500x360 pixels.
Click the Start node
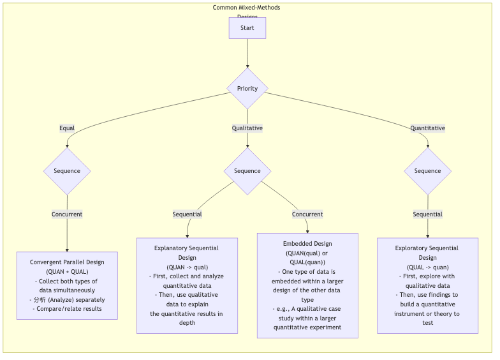click(x=247, y=28)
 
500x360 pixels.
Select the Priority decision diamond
click(x=247, y=88)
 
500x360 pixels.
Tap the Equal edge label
click(x=67, y=128)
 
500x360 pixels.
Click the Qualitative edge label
click(x=247, y=128)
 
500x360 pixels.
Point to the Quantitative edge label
click(x=427, y=128)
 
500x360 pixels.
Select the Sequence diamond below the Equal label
click(x=67, y=171)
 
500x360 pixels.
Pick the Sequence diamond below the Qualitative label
click(x=247, y=171)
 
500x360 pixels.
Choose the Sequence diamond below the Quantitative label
click(x=427, y=171)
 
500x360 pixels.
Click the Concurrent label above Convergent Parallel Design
click(x=67, y=214)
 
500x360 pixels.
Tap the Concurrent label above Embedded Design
click(x=307, y=214)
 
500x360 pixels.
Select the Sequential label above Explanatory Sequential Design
click(x=187, y=214)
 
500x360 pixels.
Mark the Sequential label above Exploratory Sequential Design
click(x=427, y=214)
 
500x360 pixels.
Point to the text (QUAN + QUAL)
click(x=67, y=272)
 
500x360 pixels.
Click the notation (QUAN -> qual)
click(x=187, y=267)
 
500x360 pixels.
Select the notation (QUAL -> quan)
click(x=427, y=267)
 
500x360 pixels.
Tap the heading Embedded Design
click(x=307, y=244)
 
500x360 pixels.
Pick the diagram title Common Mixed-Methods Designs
click(x=247, y=8)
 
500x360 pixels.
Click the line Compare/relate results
click(x=67, y=309)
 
